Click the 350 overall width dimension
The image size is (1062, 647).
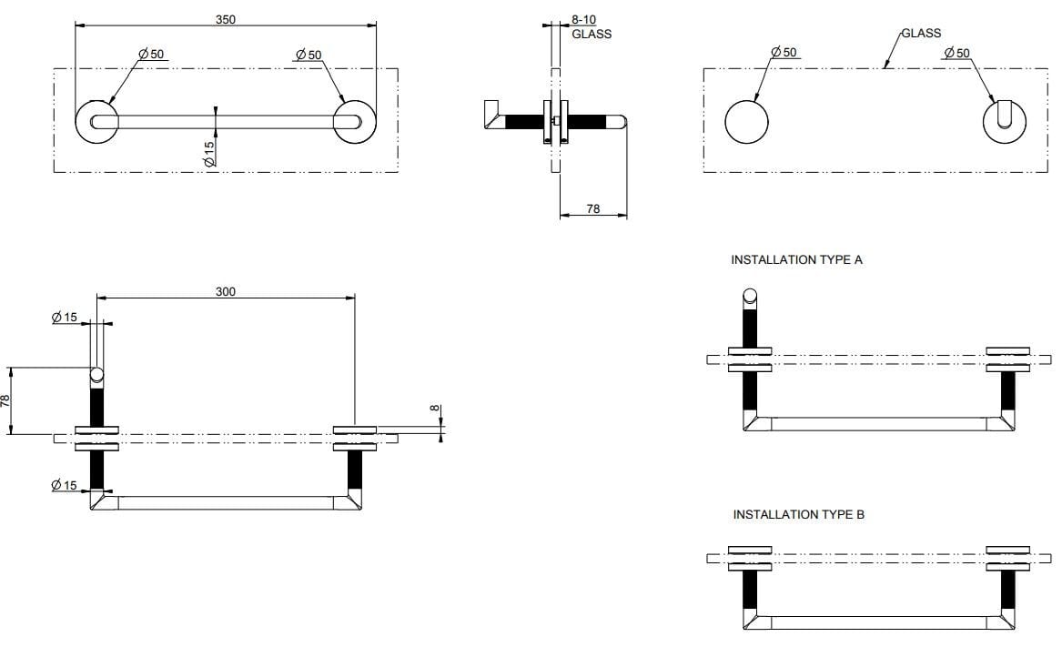[x=225, y=19]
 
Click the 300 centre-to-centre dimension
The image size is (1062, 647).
[x=226, y=291]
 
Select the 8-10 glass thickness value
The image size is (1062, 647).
[x=583, y=20]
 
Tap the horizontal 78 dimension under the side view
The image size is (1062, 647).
[x=592, y=208]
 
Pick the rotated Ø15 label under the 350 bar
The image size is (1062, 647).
[x=209, y=153]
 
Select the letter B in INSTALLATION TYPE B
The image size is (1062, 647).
[x=860, y=515]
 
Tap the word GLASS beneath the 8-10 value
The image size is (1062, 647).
[x=592, y=35]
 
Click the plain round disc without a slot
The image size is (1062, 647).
[x=746, y=121]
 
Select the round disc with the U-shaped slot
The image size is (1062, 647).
[x=1006, y=122]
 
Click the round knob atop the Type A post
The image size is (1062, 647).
[x=750, y=295]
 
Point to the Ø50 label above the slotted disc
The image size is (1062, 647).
[x=956, y=53]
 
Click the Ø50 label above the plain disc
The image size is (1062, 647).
[x=784, y=53]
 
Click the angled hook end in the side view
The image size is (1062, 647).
[x=491, y=115]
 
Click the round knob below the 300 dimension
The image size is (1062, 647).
[x=96, y=374]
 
